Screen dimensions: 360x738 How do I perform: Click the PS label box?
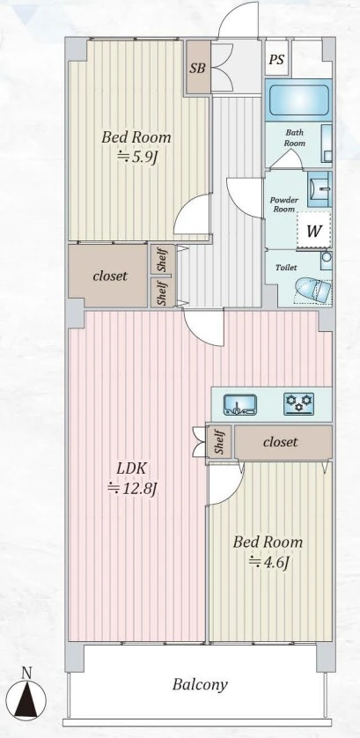(276, 59)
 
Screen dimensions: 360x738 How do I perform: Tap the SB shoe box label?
(198, 67)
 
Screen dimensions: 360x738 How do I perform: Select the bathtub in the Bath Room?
(298, 100)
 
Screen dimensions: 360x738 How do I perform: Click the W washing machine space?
(314, 231)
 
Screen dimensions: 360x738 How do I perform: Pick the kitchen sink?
(240, 405)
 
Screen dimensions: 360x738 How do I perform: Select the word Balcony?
(200, 684)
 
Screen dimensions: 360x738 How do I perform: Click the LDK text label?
(133, 469)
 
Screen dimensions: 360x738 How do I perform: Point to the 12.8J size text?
(132, 489)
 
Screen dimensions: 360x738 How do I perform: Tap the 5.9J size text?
(136, 157)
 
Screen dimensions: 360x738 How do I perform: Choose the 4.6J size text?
(268, 562)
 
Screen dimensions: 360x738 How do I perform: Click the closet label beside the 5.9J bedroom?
(110, 276)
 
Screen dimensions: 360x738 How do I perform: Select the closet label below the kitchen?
(281, 442)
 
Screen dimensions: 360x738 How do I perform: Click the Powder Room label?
(284, 204)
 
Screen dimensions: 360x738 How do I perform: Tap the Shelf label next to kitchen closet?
(219, 443)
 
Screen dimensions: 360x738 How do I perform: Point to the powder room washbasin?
(320, 189)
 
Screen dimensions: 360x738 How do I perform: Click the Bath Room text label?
(295, 138)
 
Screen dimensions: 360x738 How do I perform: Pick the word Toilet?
(286, 268)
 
